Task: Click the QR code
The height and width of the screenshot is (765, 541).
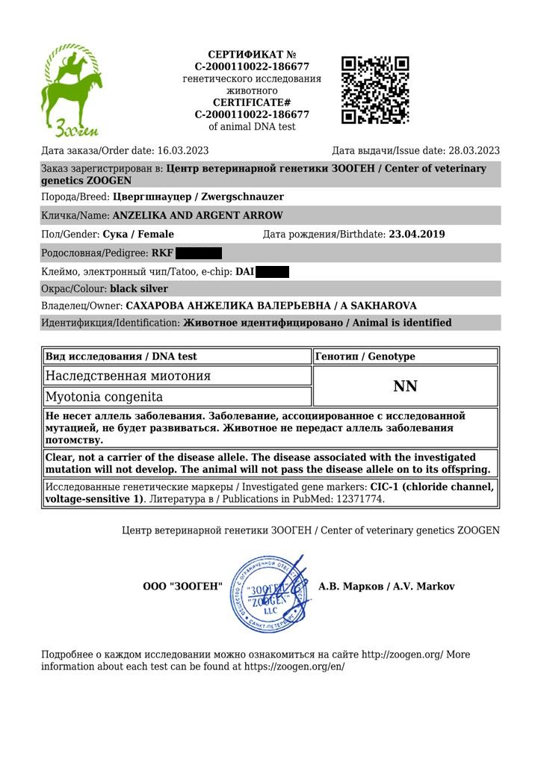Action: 375,90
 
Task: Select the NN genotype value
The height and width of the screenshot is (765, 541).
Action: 405,386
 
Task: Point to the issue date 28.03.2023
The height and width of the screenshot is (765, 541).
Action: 474,150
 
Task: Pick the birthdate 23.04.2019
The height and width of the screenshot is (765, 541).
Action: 417,235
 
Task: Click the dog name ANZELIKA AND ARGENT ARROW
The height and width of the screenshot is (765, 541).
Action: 197,216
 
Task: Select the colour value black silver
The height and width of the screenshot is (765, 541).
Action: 139,288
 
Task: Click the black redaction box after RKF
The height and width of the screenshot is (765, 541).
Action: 198,253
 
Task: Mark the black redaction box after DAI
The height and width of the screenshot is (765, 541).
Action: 272,272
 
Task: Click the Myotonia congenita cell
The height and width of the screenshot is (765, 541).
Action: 104,397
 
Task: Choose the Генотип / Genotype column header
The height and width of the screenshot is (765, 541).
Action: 365,357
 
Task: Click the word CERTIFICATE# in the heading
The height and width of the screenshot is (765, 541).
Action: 252,102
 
